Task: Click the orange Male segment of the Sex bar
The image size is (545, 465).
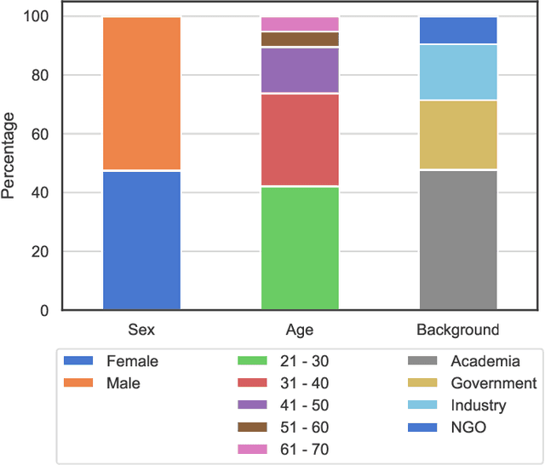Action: [x=141, y=94]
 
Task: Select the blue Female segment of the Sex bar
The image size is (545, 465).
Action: [x=141, y=241]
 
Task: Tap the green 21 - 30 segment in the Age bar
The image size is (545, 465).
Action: [x=300, y=248]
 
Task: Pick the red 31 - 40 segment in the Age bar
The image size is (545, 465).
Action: [x=300, y=140]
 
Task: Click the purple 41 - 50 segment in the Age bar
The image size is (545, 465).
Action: [x=300, y=70]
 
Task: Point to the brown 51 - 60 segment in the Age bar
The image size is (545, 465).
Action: [x=300, y=39]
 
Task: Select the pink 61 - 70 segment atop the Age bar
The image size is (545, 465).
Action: [x=300, y=24]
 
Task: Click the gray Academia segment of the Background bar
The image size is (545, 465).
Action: [x=458, y=240]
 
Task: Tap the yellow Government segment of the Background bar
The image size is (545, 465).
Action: [x=458, y=135]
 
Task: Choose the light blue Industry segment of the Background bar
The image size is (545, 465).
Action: [x=458, y=72]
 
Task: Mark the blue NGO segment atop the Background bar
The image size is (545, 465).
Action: [x=458, y=31]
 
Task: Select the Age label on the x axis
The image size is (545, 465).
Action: [x=300, y=330]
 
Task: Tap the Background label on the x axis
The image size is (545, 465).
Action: [x=458, y=330]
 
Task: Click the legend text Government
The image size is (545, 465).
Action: [x=494, y=383]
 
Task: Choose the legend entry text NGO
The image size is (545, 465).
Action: [x=468, y=428]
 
